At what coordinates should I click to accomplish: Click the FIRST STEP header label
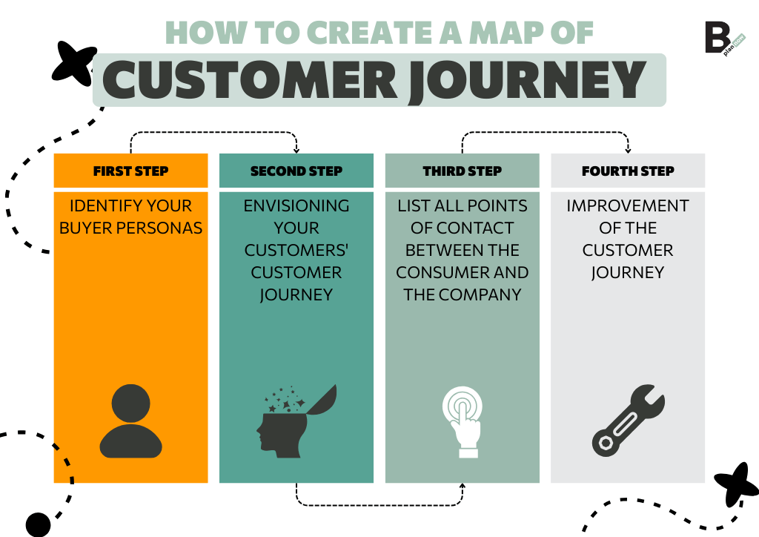click(130, 171)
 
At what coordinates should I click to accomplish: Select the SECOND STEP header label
click(296, 171)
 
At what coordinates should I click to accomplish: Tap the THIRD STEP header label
click(463, 171)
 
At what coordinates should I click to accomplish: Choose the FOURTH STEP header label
click(628, 171)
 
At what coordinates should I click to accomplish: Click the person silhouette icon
click(130, 421)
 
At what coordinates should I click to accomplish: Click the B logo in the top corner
click(718, 38)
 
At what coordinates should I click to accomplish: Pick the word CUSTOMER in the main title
click(251, 79)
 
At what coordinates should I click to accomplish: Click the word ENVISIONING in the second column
click(296, 205)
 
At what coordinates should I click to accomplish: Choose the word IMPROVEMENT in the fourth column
click(628, 205)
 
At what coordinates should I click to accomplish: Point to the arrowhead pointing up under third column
click(463, 487)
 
